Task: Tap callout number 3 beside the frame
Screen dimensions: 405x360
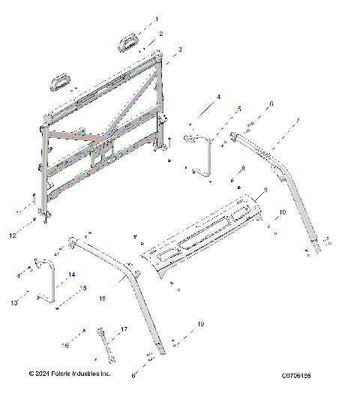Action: pos(180,49)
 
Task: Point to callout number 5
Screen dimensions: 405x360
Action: pos(239,109)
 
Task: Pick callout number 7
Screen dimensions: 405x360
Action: pos(298,120)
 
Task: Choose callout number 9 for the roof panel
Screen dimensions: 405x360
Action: pos(262,193)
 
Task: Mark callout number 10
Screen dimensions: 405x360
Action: pos(282,213)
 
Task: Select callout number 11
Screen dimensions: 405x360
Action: pos(19,214)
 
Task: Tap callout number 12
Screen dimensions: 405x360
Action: pos(13,235)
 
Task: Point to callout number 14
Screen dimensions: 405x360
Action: pos(73,275)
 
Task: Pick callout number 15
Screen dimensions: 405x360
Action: pos(84,288)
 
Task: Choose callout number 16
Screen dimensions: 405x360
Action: pos(66,346)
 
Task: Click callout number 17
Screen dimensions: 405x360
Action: pos(124,329)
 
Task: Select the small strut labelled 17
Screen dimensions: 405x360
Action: pos(108,346)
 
